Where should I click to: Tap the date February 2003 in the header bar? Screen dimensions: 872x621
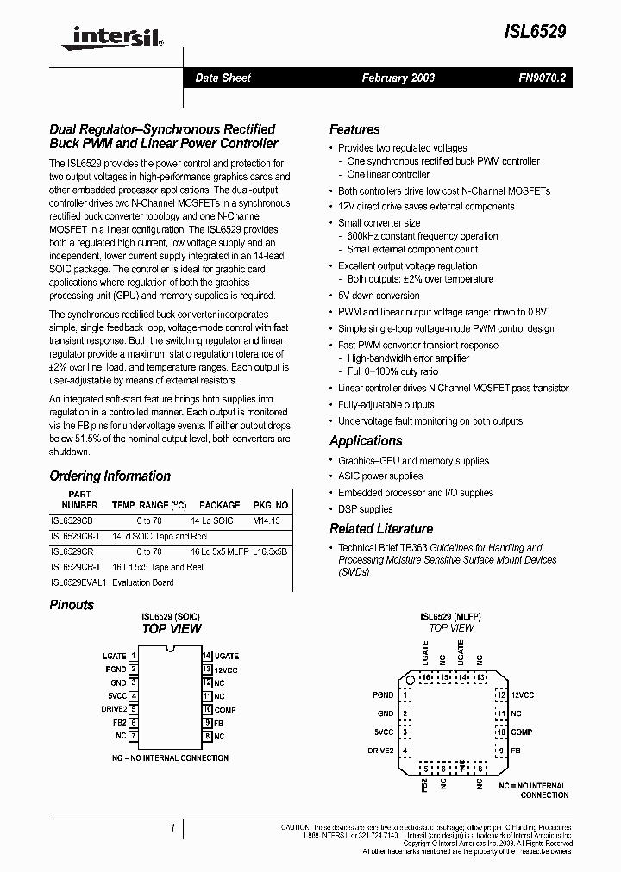(398, 78)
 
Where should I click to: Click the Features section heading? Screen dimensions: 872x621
(354, 129)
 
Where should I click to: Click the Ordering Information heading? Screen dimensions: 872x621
(110, 476)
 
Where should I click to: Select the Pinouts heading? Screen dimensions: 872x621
(72, 605)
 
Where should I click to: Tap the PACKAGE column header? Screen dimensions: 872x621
(219, 505)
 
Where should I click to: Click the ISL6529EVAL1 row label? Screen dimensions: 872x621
(77, 582)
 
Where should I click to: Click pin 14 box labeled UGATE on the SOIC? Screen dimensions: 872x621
(207, 656)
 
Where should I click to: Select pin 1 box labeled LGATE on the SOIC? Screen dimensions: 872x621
(134, 656)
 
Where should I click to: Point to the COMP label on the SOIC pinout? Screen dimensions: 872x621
(225, 709)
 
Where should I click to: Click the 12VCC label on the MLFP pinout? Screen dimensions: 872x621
(523, 694)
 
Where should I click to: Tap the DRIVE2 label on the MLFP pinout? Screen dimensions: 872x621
(381, 750)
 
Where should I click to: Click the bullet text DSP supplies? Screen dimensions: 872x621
(365, 508)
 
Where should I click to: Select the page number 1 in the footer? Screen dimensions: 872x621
(172, 828)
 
